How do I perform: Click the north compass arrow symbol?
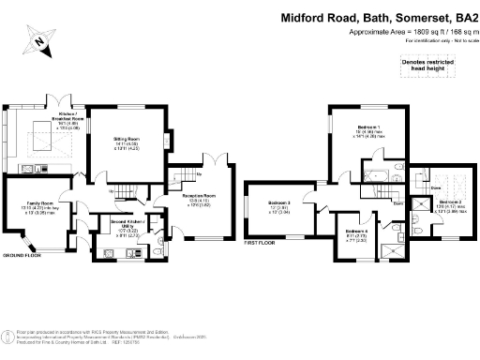(x=36, y=40)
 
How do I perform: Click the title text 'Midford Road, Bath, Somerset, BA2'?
(x=379, y=17)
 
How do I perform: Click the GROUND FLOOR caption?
(x=20, y=255)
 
